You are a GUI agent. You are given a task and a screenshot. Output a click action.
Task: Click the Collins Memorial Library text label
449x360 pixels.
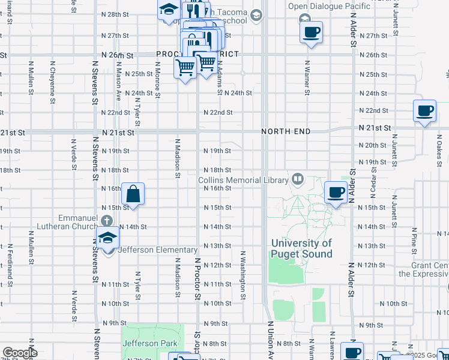point(244,179)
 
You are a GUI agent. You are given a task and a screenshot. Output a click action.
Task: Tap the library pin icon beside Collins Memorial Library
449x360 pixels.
point(297,179)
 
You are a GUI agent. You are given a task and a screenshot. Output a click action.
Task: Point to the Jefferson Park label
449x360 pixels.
point(149,343)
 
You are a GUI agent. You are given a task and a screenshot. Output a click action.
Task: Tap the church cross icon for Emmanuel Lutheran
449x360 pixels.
point(107,220)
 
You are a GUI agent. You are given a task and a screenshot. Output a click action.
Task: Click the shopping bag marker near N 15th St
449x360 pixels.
point(133,194)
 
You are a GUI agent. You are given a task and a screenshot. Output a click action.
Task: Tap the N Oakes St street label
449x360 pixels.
point(439,146)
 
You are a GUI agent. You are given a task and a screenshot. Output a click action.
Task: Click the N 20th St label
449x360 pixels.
point(372,146)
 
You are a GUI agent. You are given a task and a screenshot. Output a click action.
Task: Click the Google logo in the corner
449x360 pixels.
point(20,353)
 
